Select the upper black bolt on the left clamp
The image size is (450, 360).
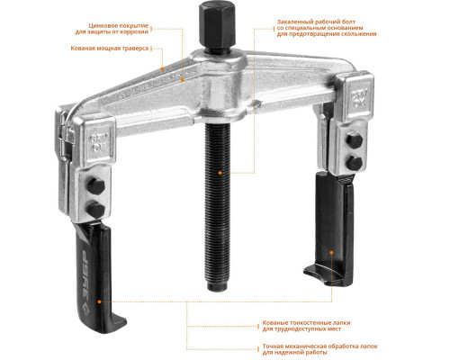[95, 186]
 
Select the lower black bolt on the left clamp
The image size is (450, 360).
[95, 209]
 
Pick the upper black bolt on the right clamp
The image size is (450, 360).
[355, 140]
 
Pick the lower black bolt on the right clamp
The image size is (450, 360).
[355, 163]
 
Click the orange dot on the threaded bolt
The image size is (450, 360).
[220, 173]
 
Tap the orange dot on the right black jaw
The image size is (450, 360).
[331, 253]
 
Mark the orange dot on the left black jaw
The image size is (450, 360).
[99, 301]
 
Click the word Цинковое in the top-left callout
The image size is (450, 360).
[102, 26]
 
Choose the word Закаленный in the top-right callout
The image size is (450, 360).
[294, 22]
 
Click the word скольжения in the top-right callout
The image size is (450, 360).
[359, 34]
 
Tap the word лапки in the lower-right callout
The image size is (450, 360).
[342, 323]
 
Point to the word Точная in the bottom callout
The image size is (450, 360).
[273, 346]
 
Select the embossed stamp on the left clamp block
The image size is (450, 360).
[99, 142]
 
